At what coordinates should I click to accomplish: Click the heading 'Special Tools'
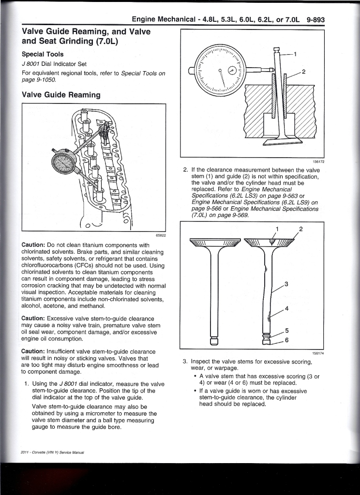43,54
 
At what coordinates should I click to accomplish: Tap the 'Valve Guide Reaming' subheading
61,95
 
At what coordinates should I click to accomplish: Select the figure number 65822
161,235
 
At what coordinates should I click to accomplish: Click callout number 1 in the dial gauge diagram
295,54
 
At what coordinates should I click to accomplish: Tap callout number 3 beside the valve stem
286,284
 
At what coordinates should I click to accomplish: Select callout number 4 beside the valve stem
286,308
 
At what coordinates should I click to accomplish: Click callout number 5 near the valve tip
286,331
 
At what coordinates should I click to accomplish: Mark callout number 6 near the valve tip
286,340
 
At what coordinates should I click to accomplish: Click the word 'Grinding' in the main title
76,41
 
